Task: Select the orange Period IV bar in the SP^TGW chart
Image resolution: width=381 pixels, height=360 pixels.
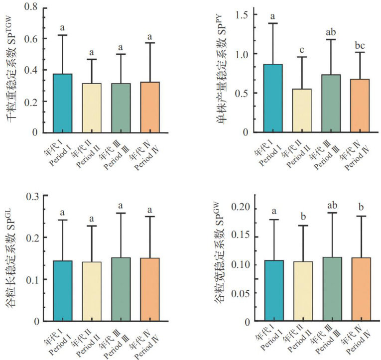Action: (149, 107)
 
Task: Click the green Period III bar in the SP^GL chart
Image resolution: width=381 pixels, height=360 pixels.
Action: (121, 289)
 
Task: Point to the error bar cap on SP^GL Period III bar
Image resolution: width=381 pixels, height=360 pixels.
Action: (121, 213)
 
